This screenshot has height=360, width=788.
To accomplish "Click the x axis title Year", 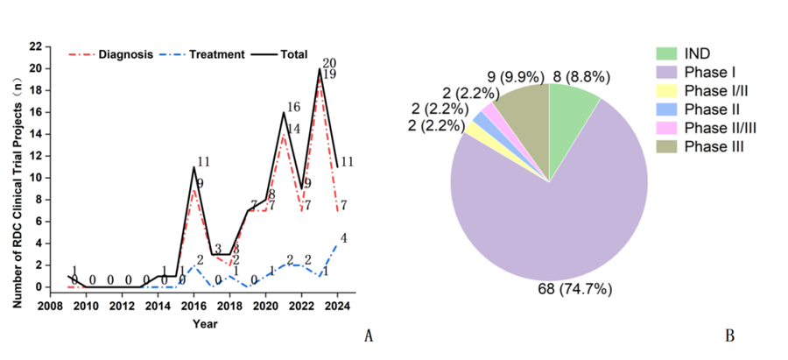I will (x=204, y=323).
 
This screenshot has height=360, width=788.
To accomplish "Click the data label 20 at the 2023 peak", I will (x=329, y=63).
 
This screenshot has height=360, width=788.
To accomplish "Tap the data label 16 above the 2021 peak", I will (x=293, y=108).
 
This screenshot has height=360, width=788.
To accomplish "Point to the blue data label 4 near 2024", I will (x=344, y=237).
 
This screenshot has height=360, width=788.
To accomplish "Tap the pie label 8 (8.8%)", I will (x=576, y=76).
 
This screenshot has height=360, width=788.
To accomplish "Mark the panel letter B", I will (x=729, y=335).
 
